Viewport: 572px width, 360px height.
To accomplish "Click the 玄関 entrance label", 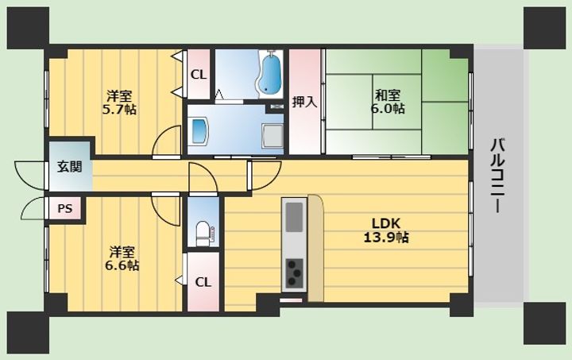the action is click(x=70, y=167).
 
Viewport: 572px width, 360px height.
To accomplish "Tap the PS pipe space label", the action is click(x=65, y=209).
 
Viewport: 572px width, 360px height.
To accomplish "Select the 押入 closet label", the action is click(x=304, y=103).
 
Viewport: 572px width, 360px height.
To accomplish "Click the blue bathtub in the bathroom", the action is click(x=270, y=75).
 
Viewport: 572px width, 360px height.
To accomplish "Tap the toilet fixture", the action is click(x=203, y=233).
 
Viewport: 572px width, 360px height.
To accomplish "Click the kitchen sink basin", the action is click(x=294, y=217).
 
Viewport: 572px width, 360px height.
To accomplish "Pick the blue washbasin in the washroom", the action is click(x=199, y=130).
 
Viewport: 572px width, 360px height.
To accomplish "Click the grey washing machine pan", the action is click(x=272, y=135).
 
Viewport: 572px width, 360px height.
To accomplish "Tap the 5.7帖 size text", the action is click(x=119, y=110).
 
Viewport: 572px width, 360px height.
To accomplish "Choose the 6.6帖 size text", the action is click(x=122, y=265).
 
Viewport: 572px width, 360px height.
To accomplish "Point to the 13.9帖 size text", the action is click(x=386, y=237).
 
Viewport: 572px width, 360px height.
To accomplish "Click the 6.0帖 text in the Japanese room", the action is click(x=388, y=108).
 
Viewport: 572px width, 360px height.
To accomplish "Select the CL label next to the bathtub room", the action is click(x=199, y=75).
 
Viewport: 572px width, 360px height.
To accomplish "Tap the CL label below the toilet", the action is click(x=203, y=282).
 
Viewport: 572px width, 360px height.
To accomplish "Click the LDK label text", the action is click(x=386, y=223).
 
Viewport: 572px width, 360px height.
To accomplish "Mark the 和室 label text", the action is click(x=388, y=95).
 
